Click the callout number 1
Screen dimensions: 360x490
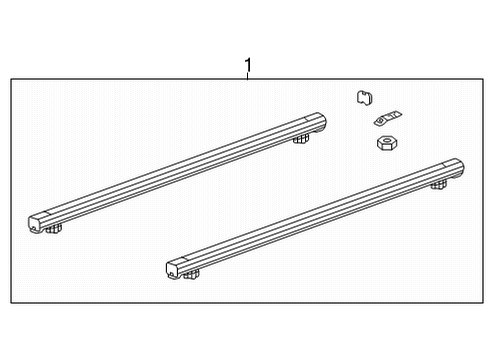248,67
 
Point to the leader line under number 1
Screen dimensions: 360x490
248,79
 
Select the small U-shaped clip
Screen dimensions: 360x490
364,97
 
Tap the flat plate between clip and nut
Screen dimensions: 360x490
382,120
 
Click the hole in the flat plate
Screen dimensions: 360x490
382,120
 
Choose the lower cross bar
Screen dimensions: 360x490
315,215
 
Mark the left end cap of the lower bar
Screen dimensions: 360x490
177,268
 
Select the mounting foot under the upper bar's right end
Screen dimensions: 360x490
299,139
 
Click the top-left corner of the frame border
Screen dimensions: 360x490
11,80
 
